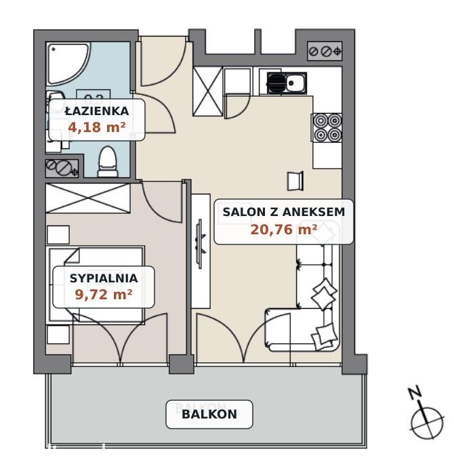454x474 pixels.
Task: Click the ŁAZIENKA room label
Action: pyautogui.click(x=97, y=110)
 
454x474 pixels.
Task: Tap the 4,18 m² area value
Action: pyautogui.click(x=97, y=127)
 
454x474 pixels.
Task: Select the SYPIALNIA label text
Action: pyautogui.click(x=104, y=278)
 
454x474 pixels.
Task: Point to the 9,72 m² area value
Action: pyautogui.click(x=104, y=294)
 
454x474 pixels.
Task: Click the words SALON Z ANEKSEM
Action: pyautogui.click(x=284, y=212)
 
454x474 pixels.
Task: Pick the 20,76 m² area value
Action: pyautogui.click(x=284, y=230)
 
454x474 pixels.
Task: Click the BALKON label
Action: pyautogui.click(x=209, y=414)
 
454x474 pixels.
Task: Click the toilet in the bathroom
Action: pyautogui.click(x=108, y=162)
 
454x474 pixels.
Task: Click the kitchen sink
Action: pyautogui.click(x=287, y=83)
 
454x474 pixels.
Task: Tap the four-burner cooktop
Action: pyautogui.click(x=327, y=128)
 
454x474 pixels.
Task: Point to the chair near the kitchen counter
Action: pyautogui.click(x=295, y=181)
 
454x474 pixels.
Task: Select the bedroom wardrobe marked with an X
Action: pyautogui.click(x=87, y=198)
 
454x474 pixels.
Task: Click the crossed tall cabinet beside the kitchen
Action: pyautogui.click(x=208, y=91)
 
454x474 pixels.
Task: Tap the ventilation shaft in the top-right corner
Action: pyautogui.click(x=325, y=51)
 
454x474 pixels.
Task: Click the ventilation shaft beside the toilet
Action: pyautogui.click(x=62, y=168)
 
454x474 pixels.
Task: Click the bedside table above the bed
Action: pyautogui.click(x=58, y=234)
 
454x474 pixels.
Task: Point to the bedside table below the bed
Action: pyautogui.click(x=58, y=335)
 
